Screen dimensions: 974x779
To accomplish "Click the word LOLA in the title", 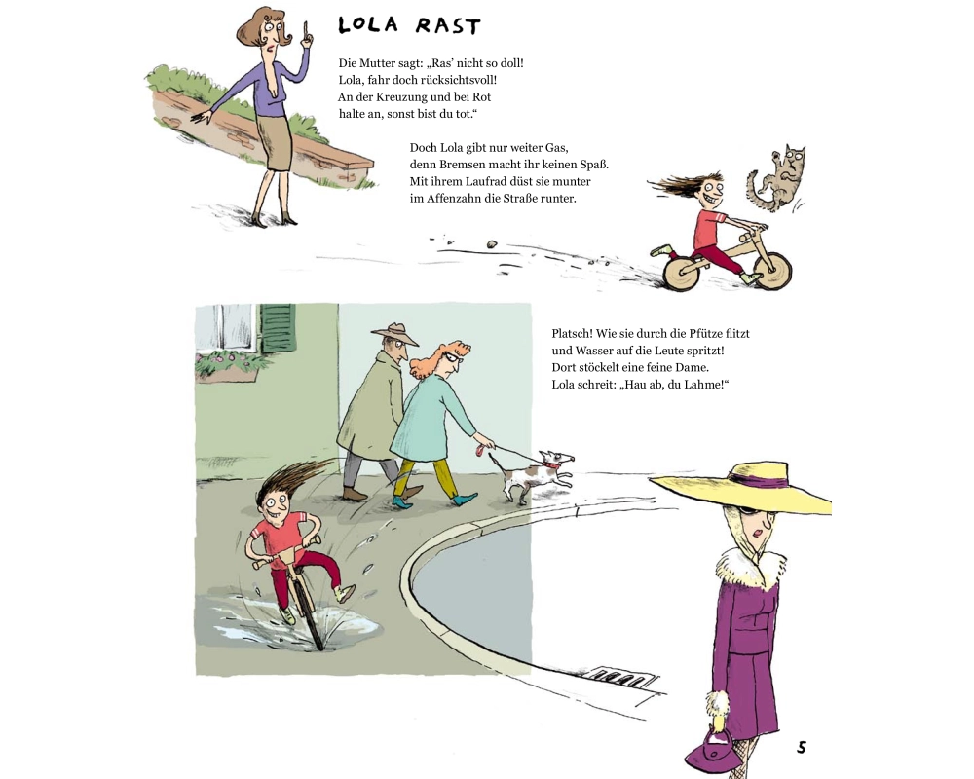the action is [368, 25].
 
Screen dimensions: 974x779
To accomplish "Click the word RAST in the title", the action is [448, 26].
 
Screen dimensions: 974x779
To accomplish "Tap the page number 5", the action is [802, 747].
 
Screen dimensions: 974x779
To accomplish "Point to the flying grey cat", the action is [776, 178].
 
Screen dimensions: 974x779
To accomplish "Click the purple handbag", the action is [713, 751].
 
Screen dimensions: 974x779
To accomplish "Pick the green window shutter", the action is [278, 328].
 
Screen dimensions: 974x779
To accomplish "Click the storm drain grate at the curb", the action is [623, 677].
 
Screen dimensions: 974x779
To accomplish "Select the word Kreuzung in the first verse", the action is [403, 97].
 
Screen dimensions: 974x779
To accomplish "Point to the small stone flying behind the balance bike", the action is [493, 244].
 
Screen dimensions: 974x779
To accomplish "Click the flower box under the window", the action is [227, 366].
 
